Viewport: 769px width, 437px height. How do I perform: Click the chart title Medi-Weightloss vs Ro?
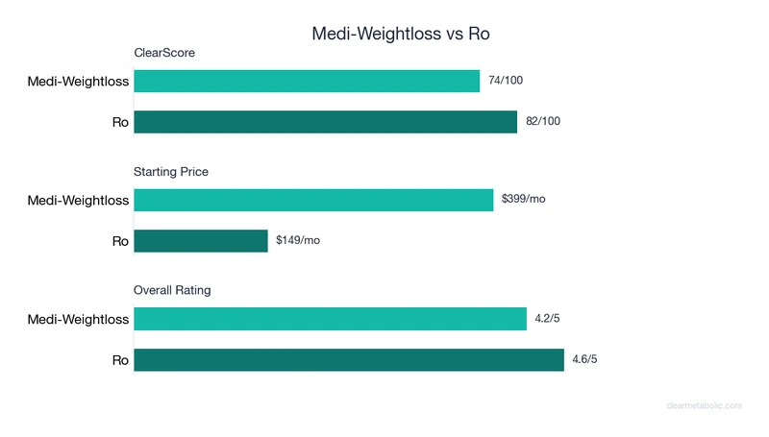pos(402,34)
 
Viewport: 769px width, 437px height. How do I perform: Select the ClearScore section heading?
pos(164,53)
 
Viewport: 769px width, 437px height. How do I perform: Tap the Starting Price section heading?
pos(171,172)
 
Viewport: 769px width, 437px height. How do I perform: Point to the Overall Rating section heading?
pos(172,290)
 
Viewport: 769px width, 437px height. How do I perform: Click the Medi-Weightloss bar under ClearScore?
pos(307,82)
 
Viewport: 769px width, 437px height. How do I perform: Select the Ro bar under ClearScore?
pos(326,122)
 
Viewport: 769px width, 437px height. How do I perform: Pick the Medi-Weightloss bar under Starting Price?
pos(313,200)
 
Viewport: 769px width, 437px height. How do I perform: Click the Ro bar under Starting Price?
pos(201,240)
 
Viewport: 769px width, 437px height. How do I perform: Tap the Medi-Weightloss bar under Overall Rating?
pos(330,319)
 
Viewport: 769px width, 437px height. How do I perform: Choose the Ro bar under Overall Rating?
pos(349,359)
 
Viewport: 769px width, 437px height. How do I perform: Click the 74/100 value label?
pos(506,82)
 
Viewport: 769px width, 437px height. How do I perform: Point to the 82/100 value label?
pos(544,122)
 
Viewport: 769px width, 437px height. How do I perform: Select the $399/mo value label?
pos(524,200)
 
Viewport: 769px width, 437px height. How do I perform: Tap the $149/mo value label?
pos(298,240)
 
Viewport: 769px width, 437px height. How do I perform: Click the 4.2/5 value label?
pos(551,319)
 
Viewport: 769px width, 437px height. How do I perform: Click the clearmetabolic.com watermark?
pos(705,406)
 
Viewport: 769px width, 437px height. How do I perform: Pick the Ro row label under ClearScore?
pos(120,122)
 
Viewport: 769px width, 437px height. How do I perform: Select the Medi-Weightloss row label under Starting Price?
pos(78,200)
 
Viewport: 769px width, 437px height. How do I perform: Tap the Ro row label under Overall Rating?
pos(120,359)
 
